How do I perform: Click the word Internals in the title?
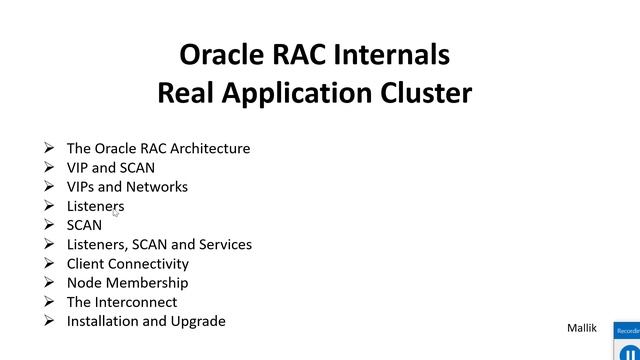pyautogui.click(x=389, y=53)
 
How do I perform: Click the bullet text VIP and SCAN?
pyautogui.click(x=110, y=167)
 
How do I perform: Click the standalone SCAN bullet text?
pyautogui.click(x=84, y=225)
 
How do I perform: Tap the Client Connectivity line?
pyautogui.click(x=127, y=263)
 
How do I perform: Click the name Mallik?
pyautogui.click(x=582, y=327)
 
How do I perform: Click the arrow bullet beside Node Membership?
pyautogui.click(x=49, y=283)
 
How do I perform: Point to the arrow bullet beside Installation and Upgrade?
pyautogui.click(x=49, y=321)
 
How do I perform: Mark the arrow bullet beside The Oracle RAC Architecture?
pyautogui.click(x=49, y=148)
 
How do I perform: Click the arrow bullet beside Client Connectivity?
pyautogui.click(x=49, y=263)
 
